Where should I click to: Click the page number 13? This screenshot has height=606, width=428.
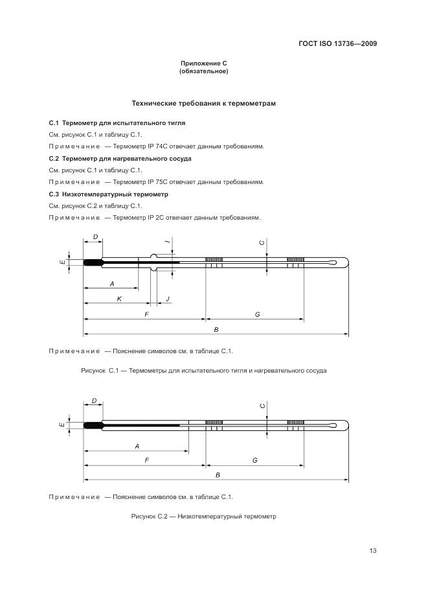[373, 551]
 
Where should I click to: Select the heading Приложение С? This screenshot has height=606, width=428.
[203, 63]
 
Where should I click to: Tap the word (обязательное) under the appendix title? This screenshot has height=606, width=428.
[203, 71]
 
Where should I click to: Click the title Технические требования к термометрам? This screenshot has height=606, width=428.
[204, 103]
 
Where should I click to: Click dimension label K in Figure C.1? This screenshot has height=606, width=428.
[119, 299]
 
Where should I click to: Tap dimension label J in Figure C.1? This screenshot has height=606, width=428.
[168, 299]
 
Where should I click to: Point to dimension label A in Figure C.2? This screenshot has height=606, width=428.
[137, 447]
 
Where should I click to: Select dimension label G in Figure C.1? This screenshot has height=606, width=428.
[257, 314]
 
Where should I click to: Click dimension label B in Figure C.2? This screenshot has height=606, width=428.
[218, 475]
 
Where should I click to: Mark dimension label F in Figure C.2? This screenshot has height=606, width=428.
[147, 460]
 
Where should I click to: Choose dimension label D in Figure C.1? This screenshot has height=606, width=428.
[95, 237]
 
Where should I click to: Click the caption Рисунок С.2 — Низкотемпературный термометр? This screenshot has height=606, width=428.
[203, 517]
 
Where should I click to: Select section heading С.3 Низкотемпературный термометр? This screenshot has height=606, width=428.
[108, 194]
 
